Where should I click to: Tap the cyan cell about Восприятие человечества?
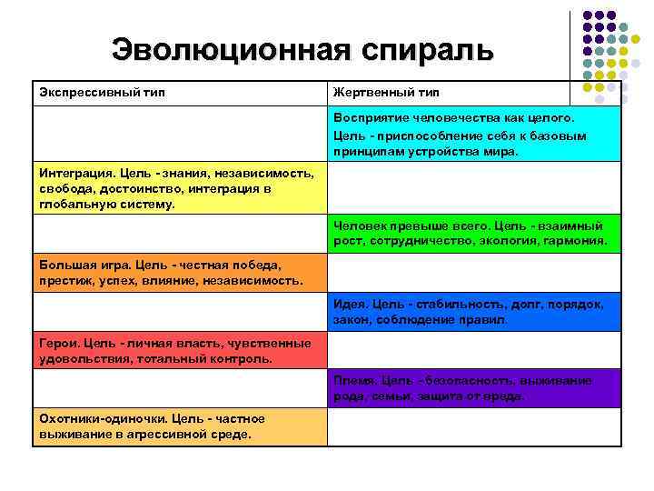(474, 135)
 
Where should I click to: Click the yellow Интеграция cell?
(179, 188)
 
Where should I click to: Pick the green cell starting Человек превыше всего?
(474, 234)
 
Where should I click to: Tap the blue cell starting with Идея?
(474, 312)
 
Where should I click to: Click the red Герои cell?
(179, 351)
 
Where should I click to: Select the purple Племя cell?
(474, 388)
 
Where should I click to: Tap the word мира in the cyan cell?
(500, 152)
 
